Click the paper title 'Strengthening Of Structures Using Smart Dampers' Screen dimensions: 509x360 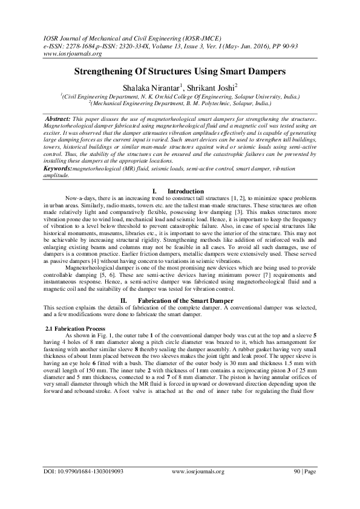(x=180, y=71)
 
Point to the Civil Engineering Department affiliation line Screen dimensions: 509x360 (x=180, y=96)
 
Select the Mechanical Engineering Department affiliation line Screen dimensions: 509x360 (x=180, y=103)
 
